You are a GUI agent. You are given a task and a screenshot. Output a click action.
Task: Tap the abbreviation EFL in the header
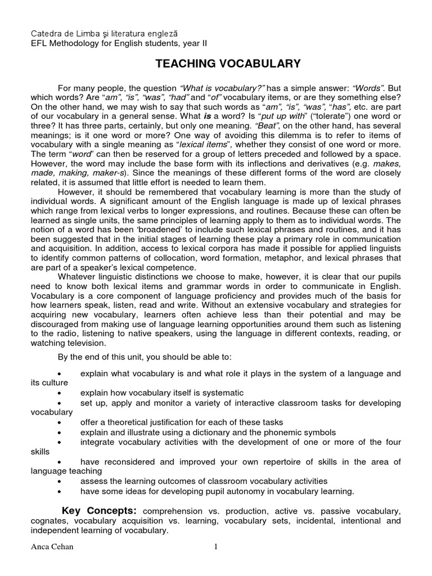coord(39,44)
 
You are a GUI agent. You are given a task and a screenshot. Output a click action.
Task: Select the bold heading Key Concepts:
coord(99,511)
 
